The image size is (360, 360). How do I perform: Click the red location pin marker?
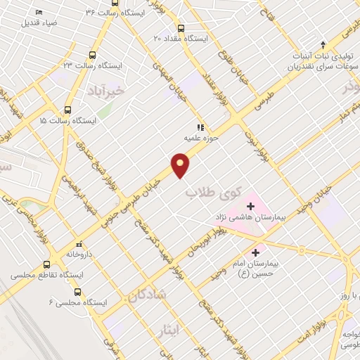pos(181,165)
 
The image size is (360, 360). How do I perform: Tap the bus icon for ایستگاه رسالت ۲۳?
pos(93,55)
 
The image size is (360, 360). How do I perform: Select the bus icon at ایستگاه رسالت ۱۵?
pos(68,110)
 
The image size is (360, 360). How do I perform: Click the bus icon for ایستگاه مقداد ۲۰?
pos(181,29)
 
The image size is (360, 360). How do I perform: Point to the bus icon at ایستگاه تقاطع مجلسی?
pos(47,264)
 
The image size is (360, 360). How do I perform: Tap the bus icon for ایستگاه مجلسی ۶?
pos(77,291)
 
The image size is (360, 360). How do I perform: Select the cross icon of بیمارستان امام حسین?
pos(255,251)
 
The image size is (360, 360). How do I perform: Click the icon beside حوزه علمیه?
pos(200,128)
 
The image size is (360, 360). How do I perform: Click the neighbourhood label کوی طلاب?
pos(213,191)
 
